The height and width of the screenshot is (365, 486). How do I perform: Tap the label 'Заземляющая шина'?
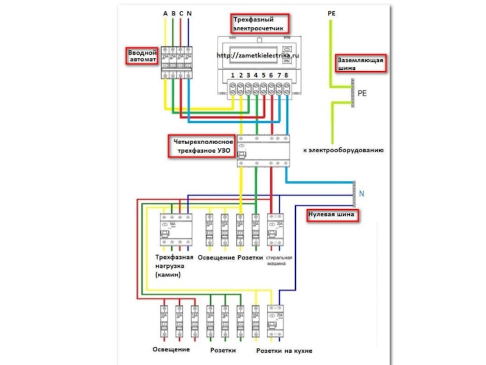point(360,64)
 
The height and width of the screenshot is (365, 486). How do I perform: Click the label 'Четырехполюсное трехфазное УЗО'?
point(201,145)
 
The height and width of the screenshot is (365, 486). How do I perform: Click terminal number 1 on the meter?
point(233,75)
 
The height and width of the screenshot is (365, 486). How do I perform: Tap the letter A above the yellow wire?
point(165,13)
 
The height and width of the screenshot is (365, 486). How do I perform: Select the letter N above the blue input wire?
point(190,13)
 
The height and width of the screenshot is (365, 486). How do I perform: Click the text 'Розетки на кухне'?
point(284,351)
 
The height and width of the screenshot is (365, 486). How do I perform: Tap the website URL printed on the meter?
point(258,55)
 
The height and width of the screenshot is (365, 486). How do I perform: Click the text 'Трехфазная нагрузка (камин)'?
point(175,266)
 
